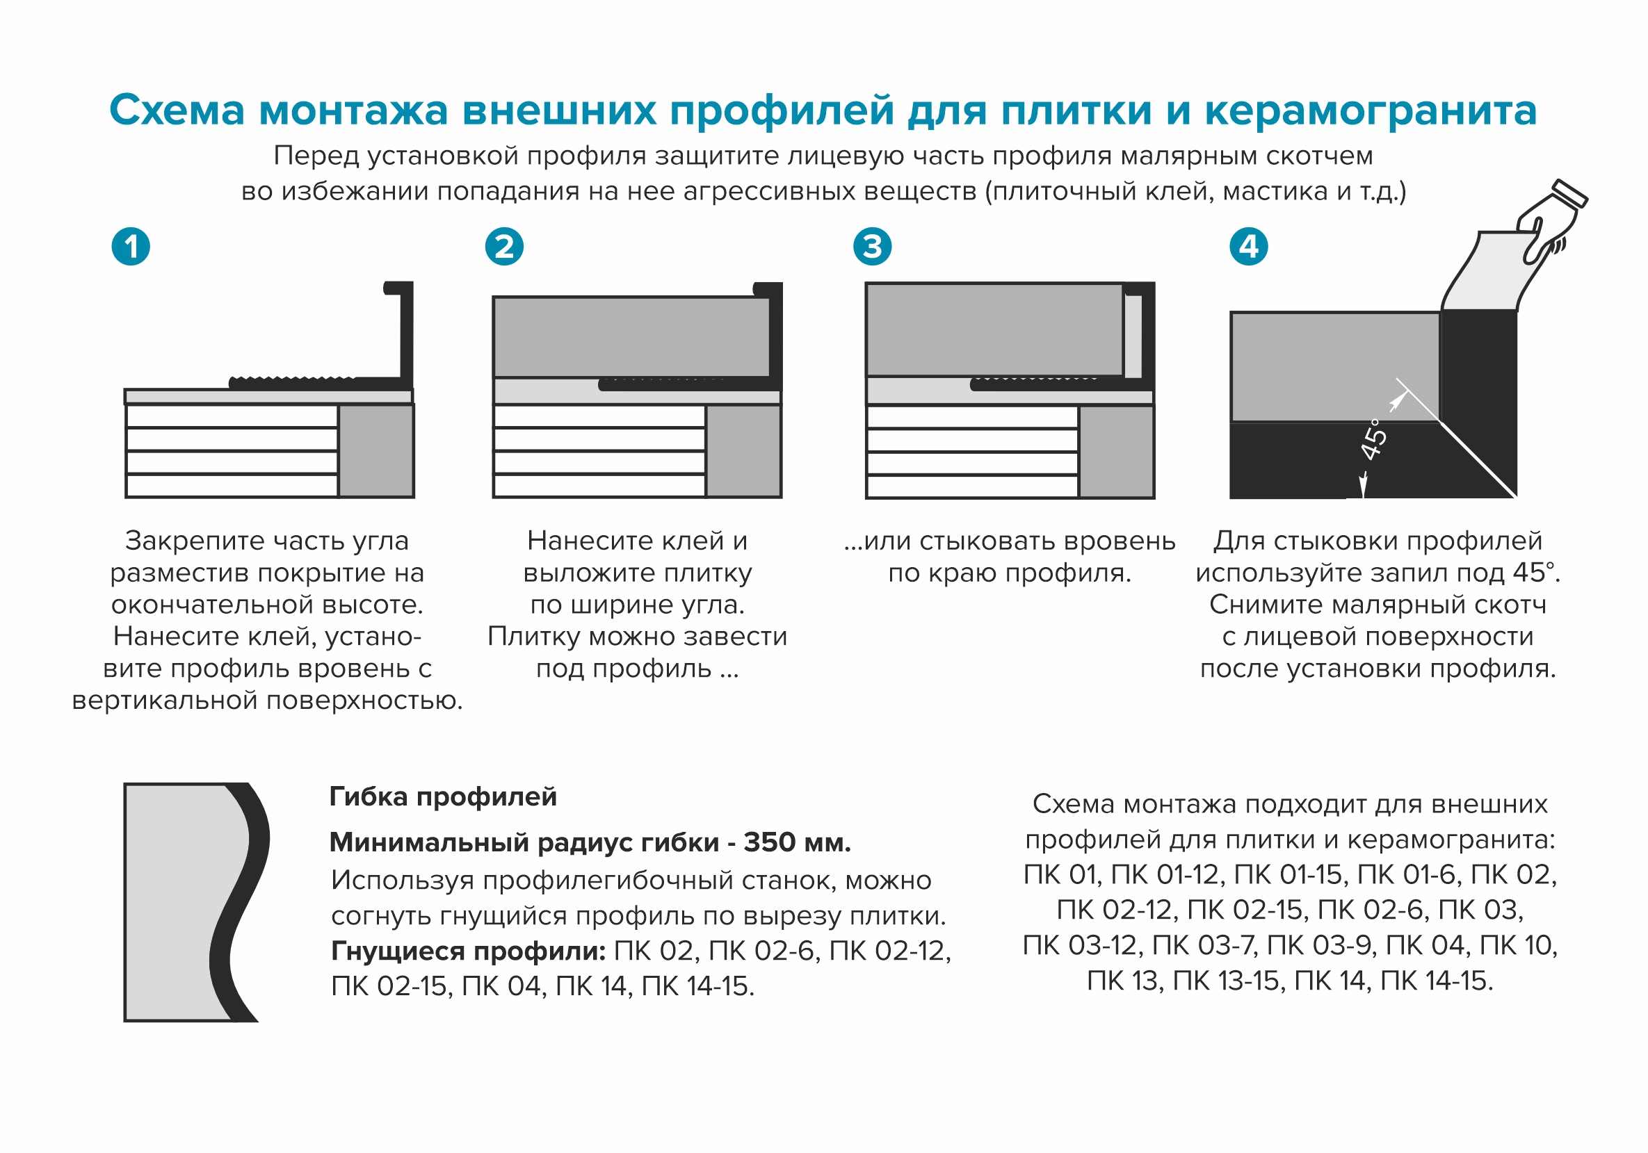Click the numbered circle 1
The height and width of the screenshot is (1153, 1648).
[131, 247]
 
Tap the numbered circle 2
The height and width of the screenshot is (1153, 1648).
[504, 247]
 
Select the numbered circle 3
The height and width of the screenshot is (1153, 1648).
[872, 247]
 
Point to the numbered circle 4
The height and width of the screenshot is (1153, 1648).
[1249, 247]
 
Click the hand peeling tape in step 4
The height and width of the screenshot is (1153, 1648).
[1551, 222]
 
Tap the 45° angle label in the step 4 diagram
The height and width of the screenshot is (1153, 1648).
[1374, 439]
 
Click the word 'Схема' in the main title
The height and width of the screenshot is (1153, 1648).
[177, 111]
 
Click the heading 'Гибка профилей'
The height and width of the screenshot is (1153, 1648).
[443, 796]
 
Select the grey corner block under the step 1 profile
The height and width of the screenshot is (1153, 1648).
[376, 450]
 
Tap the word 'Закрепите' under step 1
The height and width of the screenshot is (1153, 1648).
[185, 541]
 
